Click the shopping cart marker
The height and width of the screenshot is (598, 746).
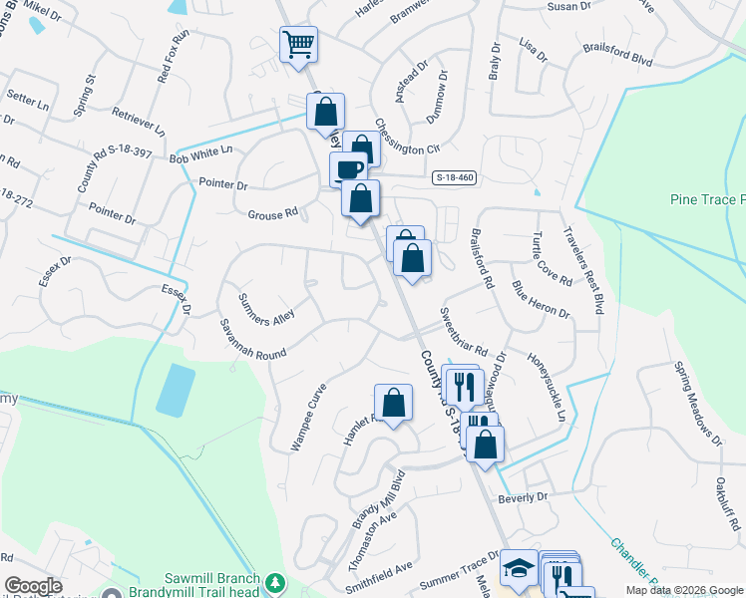298,44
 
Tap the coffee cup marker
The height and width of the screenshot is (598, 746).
348,169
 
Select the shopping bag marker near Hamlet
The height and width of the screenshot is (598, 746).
394,403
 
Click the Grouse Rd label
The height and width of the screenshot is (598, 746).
273,213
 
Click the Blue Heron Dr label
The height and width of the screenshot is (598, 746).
541,299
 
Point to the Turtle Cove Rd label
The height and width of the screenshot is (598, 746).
552,258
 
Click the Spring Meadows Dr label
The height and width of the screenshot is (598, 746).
697,404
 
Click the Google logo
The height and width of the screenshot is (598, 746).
34,586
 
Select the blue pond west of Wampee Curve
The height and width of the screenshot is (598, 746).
176,390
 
